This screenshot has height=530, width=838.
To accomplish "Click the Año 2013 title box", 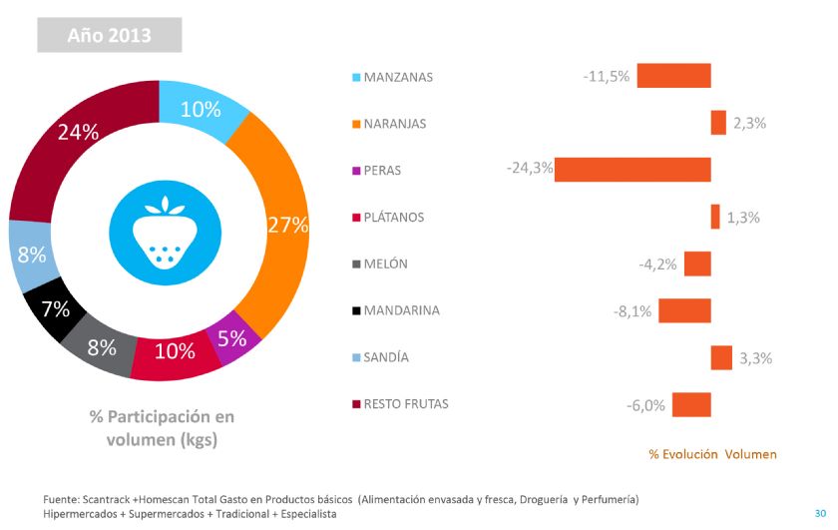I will point(110,36).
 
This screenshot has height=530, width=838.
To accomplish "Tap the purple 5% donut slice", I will point(231,339).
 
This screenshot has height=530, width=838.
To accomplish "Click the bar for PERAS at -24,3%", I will point(632,170).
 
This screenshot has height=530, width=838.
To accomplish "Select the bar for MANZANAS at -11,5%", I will point(673,76).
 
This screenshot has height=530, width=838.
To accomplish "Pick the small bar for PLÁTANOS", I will point(715,217).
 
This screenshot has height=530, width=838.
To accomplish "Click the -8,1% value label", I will point(632,311).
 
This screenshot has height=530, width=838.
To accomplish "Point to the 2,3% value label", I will point(749,124).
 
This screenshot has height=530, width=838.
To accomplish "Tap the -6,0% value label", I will point(645,405).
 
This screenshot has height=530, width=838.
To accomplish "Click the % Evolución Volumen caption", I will point(712,454).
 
